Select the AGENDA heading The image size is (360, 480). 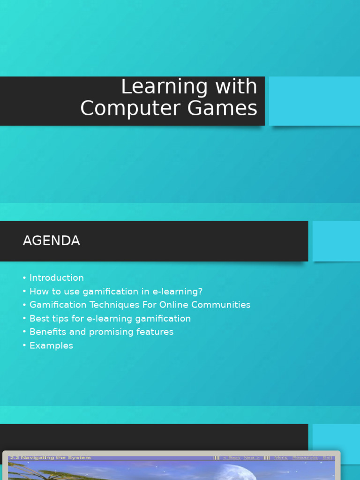tap(52, 241)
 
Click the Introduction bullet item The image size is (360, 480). tap(57, 278)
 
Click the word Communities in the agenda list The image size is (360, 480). tap(217, 305)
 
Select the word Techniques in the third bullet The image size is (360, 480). tap(110, 305)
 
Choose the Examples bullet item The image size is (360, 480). tap(51, 345)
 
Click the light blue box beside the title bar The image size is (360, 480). tap(314, 101)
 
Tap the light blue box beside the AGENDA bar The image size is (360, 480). tap(336, 241)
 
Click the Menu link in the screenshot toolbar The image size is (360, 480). tap(281, 457)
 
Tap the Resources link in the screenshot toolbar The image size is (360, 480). tap(305, 457)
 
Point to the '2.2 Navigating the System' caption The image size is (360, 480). tap(50, 457)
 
